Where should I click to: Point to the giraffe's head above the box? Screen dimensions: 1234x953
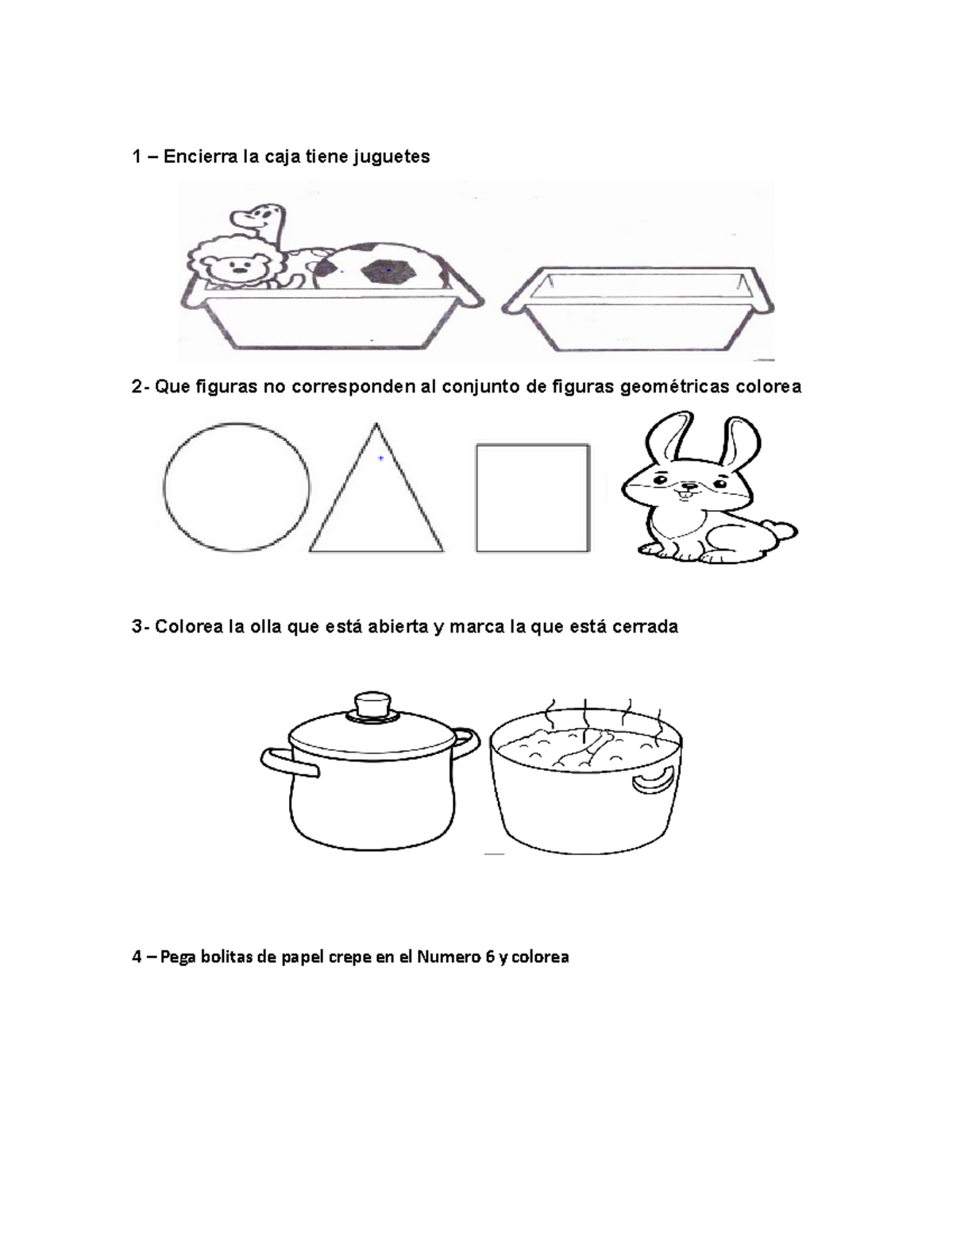coord(262,215)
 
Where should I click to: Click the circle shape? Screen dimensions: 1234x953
coord(237,487)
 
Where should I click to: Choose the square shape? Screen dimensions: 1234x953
coord(532,497)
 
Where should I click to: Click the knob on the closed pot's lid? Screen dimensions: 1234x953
coord(372,704)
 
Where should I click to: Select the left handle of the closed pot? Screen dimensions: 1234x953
coord(286,761)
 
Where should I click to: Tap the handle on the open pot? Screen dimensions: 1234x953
coord(653,779)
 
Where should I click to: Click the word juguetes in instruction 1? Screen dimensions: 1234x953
coord(390,157)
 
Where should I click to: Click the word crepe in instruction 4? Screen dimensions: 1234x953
coord(349,957)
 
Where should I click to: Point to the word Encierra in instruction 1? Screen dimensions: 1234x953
coord(201,157)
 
